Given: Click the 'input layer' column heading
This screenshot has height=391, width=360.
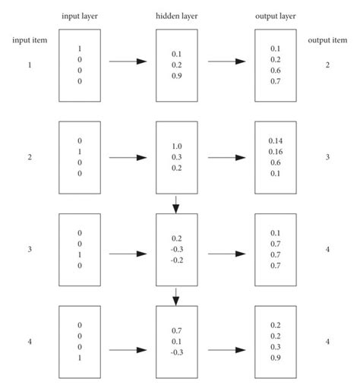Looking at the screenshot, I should click(80, 16).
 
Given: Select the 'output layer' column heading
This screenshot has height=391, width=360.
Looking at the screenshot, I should click(274, 16).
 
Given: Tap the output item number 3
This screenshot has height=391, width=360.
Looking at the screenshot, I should click(327, 157).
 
